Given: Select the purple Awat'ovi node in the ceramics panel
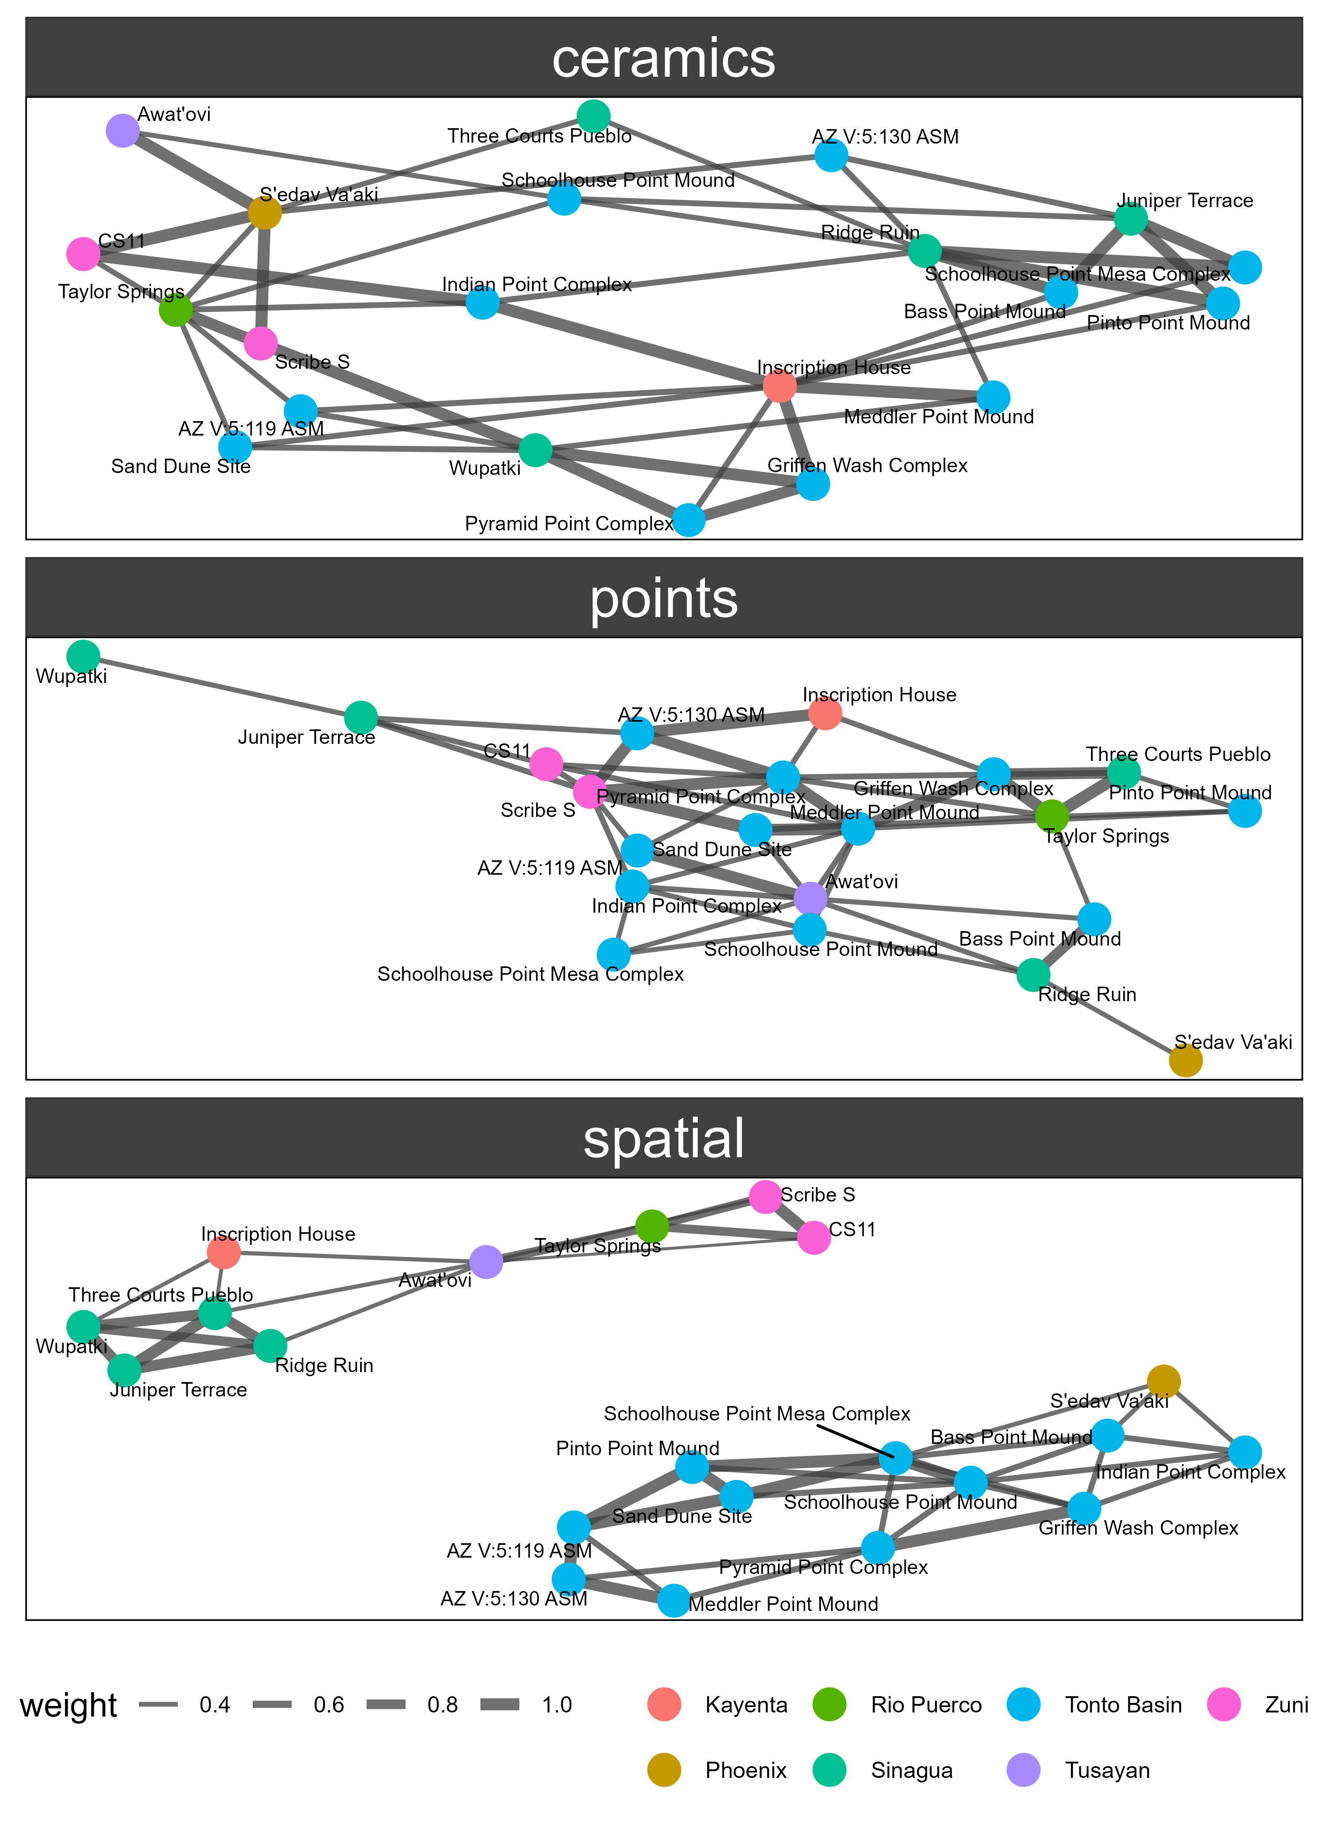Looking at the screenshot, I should [x=122, y=130].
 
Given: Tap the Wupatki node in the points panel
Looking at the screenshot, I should [x=83, y=657].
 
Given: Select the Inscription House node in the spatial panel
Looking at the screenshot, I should [x=223, y=1252].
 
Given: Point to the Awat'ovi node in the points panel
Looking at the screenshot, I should [x=810, y=898].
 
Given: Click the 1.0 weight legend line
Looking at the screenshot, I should [x=500, y=1705].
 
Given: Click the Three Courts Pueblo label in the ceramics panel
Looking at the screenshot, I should [x=539, y=136].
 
